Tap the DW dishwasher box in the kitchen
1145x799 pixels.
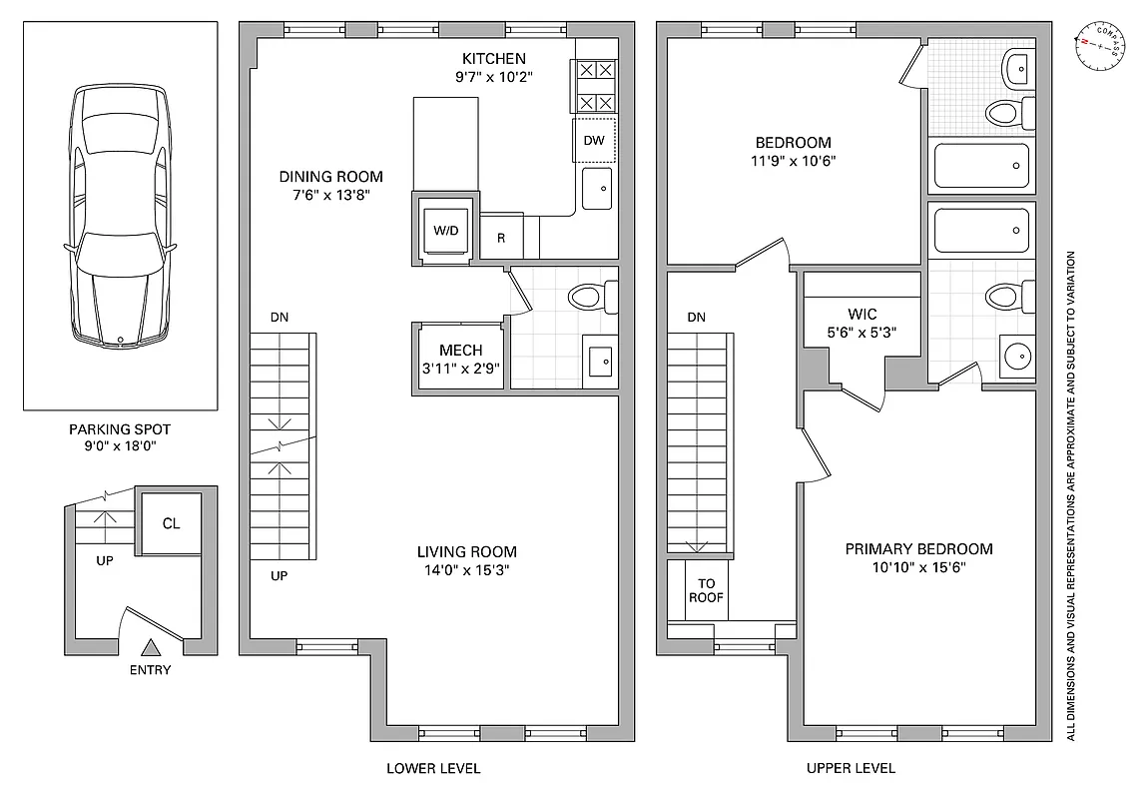coord(594,140)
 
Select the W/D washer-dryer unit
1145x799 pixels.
coord(445,231)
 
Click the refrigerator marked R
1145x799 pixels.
coord(501,239)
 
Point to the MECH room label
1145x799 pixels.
coord(460,351)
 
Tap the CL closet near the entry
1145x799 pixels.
coord(171,523)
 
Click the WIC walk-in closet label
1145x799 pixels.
coord(861,315)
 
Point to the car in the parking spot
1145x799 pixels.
coord(120,215)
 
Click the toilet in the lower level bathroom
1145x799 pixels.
coord(590,297)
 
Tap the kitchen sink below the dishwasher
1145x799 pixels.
coord(597,188)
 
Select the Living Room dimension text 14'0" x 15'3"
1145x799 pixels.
coord(466,571)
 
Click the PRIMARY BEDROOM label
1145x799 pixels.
coord(918,548)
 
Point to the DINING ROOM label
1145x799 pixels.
coord(330,177)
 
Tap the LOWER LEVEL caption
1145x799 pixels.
coord(433,768)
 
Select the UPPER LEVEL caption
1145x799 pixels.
coord(851,768)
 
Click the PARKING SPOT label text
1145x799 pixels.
coord(120,429)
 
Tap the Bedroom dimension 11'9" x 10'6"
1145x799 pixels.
coord(793,160)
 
